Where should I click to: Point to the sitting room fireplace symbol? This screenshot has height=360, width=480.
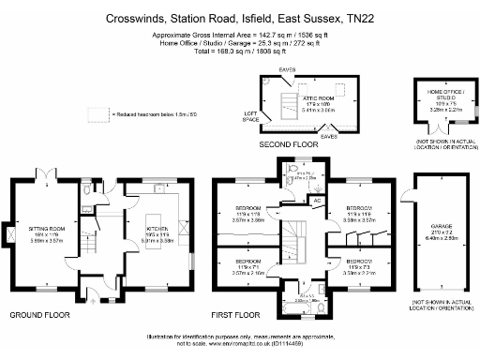click(8, 231)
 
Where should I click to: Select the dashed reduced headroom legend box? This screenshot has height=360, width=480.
click(98, 113)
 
